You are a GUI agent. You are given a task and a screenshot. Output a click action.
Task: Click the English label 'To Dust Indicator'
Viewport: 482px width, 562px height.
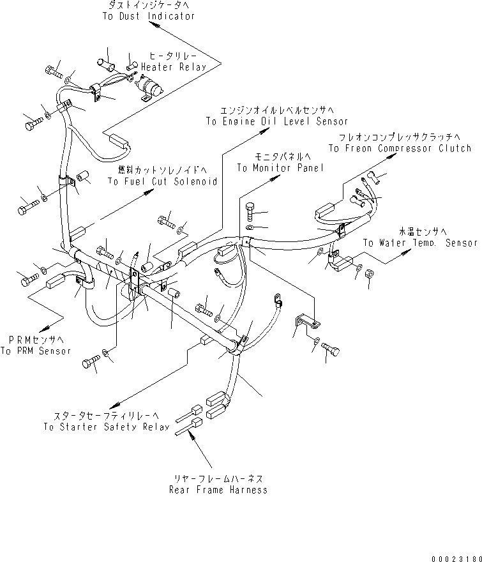[148, 16]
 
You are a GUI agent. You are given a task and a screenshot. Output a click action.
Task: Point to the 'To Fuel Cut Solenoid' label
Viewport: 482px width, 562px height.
[162, 181]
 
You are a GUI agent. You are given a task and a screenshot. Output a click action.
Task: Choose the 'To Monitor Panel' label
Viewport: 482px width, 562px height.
[280, 168]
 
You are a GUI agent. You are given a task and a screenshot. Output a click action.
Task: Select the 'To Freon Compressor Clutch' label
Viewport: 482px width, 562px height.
[400, 148]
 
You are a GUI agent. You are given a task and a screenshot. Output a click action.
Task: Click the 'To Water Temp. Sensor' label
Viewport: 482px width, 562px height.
[420, 243]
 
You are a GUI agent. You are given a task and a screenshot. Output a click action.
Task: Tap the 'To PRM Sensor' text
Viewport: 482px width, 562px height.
[35, 351]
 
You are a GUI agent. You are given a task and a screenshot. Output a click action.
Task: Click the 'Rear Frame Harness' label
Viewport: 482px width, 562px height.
[218, 490]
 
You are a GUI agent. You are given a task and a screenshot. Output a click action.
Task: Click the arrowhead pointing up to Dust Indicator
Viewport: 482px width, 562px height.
[151, 26]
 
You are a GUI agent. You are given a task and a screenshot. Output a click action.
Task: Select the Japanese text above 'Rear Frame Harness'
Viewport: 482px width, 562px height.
[218, 478]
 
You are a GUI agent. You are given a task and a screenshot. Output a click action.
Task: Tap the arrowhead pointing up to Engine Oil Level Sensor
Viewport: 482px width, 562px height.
[262, 132]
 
